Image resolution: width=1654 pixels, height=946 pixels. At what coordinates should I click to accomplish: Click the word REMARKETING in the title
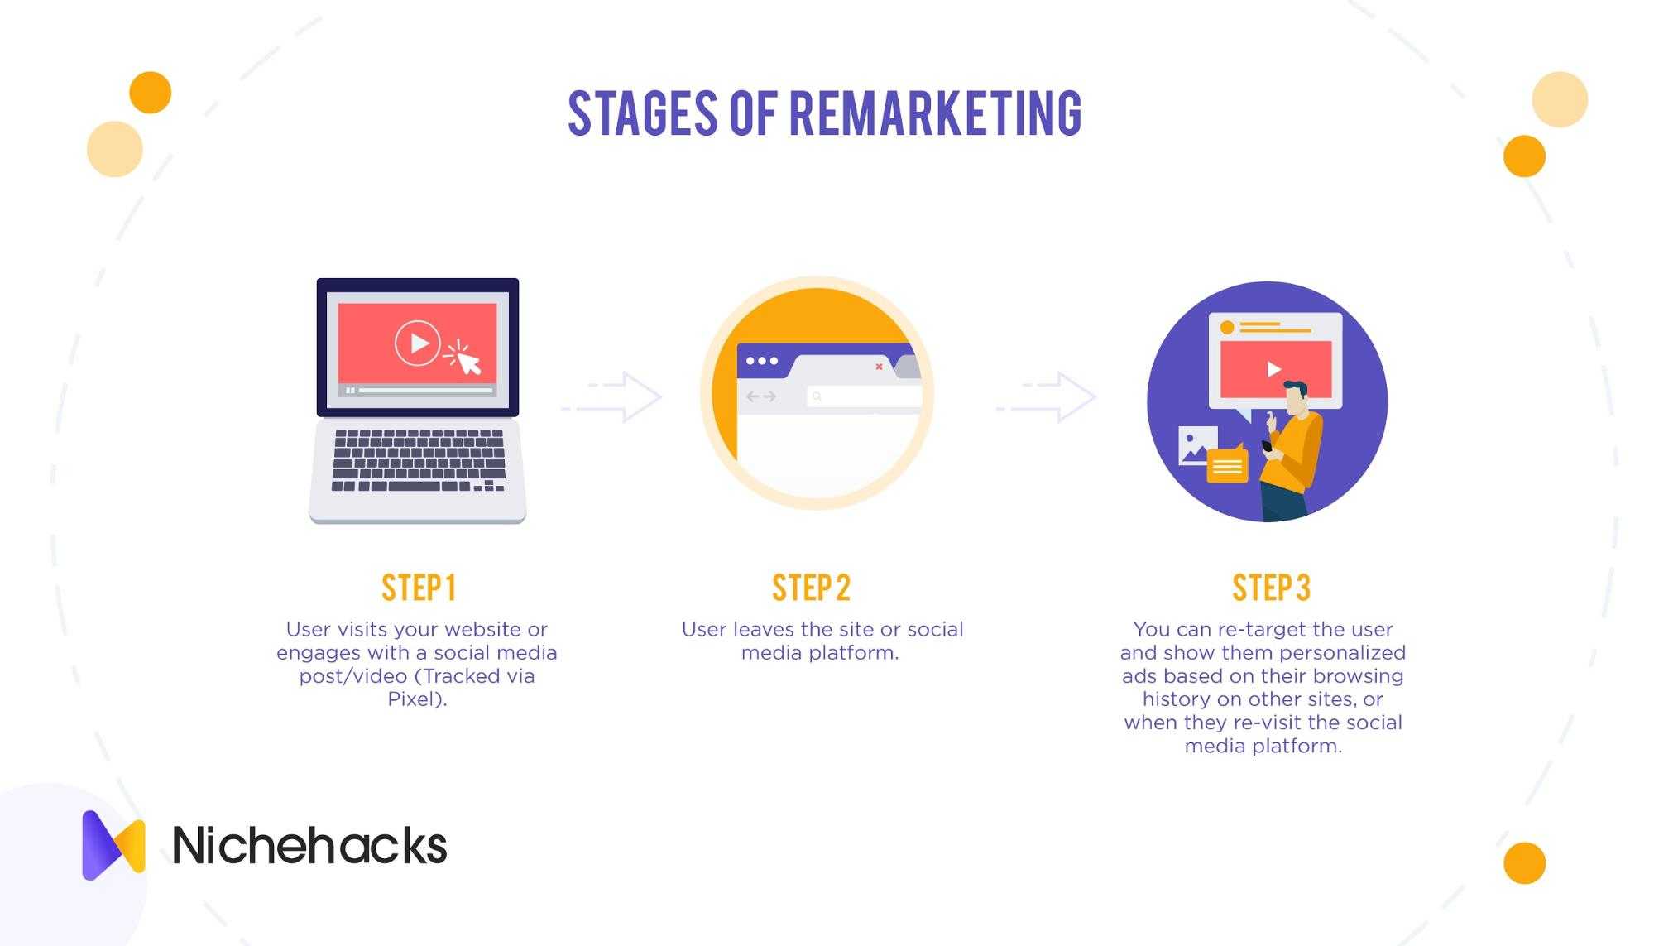coord(935,113)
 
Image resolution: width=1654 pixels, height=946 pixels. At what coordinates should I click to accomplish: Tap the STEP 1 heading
coord(419,588)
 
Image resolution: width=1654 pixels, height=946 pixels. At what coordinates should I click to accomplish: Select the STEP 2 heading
coord(811,588)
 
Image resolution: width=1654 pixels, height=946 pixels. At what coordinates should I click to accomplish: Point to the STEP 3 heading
coord(1271,588)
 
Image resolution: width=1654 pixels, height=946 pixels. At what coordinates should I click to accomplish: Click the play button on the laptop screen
coord(417,343)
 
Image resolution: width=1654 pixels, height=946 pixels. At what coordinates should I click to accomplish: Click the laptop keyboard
coord(419,460)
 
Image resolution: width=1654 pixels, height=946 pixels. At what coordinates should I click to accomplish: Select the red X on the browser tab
coord(879,367)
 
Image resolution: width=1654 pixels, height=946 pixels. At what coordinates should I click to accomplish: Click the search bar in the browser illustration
coord(864,397)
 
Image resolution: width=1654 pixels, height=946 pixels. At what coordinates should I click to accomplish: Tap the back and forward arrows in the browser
coord(761,397)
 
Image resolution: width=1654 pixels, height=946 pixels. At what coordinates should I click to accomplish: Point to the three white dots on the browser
coord(762,361)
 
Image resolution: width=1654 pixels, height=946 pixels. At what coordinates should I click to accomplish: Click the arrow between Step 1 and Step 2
coord(612,397)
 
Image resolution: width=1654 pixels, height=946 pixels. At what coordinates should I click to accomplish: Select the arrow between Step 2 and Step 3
coord(1047,397)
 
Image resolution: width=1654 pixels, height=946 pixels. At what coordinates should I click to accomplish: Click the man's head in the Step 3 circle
coord(1295,398)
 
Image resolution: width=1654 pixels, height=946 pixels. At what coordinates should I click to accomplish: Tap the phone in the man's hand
coord(1267,446)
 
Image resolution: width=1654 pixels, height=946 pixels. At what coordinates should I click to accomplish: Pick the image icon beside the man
coord(1197,445)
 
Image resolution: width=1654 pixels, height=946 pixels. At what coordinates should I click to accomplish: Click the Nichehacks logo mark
coord(113,845)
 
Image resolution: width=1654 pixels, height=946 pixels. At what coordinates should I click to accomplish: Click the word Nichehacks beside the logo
coord(309,845)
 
